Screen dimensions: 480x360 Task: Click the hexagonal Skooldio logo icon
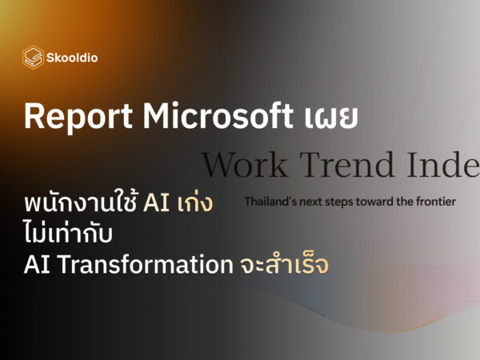(33, 58)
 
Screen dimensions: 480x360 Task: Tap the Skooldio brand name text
(72, 58)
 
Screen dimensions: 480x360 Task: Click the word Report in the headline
(78, 116)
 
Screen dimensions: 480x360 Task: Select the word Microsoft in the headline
(218, 115)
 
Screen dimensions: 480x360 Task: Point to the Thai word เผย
(331, 118)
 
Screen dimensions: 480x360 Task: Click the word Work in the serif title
(244, 165)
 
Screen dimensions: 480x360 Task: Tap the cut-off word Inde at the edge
(443, 165)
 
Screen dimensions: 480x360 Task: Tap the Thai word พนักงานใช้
(81, 202)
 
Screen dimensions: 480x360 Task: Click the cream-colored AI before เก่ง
(156, 202)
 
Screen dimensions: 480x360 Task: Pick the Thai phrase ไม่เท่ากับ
(68, 233)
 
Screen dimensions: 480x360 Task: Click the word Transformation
(145, 264)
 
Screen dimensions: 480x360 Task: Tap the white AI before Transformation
(37, 264)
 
